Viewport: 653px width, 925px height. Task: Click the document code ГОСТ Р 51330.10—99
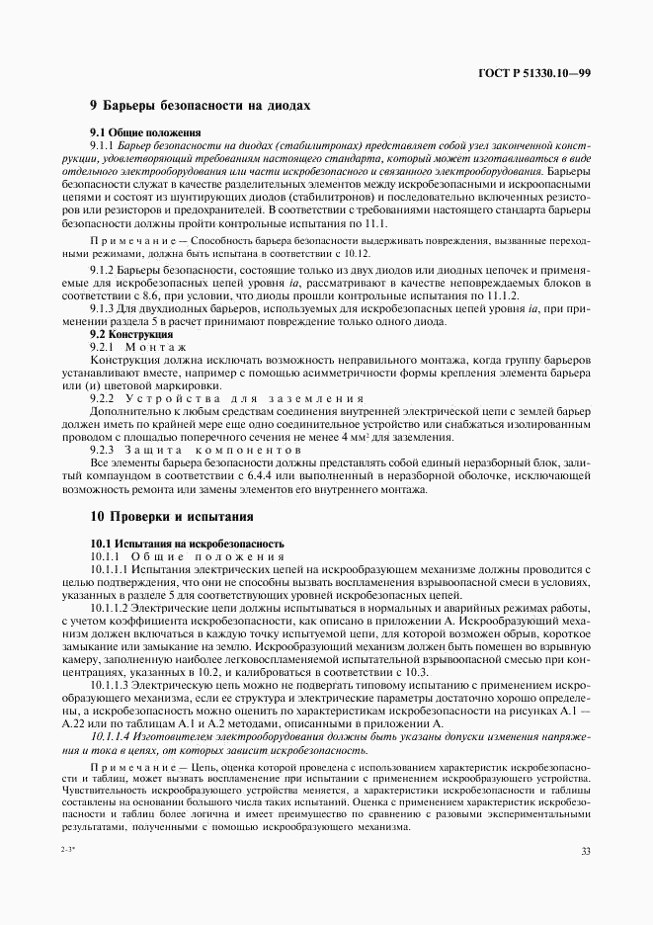(534, 72)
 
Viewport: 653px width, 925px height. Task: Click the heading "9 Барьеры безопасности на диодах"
(201, 104)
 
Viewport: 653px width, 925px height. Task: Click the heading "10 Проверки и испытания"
(172, 516)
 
